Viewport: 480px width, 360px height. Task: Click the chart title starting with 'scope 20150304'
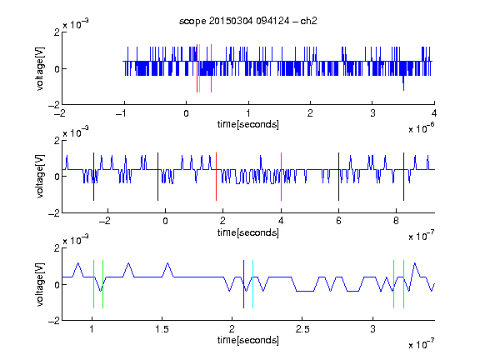coord(248,21)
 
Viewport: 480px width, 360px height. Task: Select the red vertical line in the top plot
coord(197,68)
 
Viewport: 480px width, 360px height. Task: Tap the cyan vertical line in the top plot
coord(200,68)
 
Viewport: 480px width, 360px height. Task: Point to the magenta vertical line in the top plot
coord(211,68)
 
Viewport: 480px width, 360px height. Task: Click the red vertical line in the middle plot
coord(216,177)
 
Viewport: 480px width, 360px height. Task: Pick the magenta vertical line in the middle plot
coord(281,177)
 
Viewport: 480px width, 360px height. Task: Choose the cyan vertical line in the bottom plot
coord(252,284)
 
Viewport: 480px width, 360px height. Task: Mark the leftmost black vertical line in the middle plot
coord(93,177)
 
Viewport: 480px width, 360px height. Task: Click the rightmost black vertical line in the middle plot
coord(403,177)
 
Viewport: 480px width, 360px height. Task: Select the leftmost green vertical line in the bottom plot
coord(93,284)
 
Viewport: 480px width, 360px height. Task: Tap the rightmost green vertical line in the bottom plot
coord(404,284)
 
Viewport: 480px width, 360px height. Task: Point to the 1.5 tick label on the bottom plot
coord(162,329)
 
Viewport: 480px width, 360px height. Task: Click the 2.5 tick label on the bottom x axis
coord(302,329)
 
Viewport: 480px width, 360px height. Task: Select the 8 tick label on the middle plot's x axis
coord(396,221)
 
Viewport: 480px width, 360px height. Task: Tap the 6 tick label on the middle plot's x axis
coord(338,221)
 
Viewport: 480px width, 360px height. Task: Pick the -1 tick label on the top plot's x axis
coord(121,113)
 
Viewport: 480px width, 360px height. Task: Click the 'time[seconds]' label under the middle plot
coord(248,232)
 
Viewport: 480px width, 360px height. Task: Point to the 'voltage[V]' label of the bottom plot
coord(40,284)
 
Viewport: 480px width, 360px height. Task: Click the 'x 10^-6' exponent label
coord(422,128)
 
